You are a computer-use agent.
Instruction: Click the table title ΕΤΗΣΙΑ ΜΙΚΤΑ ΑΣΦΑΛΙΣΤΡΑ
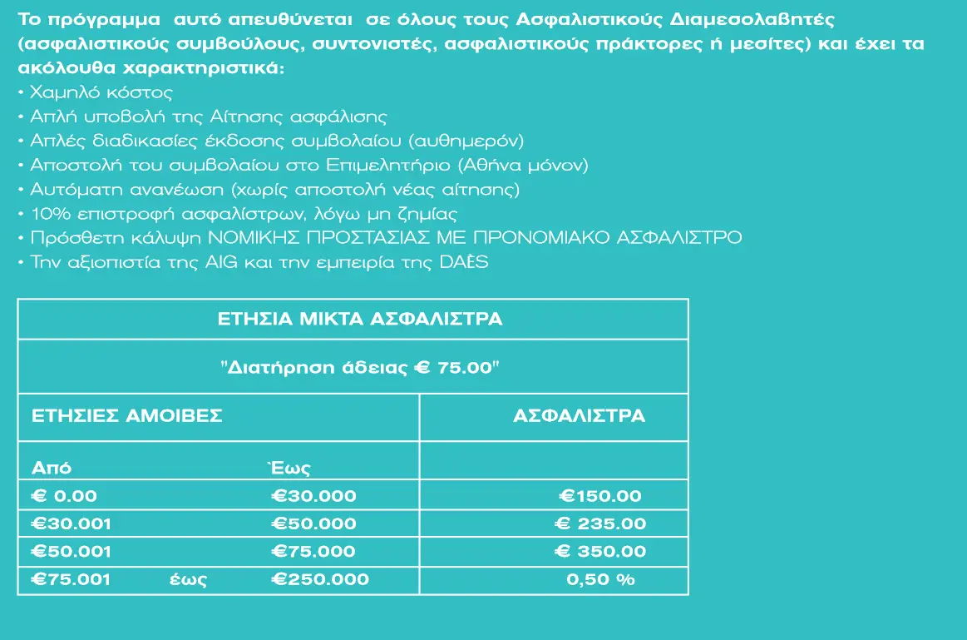tap(359, 319)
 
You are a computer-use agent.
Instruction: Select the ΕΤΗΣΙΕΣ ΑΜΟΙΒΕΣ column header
tap(127, 416)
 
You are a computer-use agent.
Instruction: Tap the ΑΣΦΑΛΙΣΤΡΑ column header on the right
tap(579, 416)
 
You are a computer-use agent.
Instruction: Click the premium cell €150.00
tap(600, 496)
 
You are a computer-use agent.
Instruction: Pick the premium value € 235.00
tap(600, 523)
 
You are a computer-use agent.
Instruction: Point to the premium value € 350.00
tap(600, 551)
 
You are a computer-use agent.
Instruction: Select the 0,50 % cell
tap(600, 579)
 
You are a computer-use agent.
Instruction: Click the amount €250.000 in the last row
tap(320, 579)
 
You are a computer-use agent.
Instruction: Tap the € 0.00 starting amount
tap(64, 496)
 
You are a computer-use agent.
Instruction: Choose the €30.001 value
tap(71, 523)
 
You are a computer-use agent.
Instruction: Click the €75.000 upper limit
tap(314, 551)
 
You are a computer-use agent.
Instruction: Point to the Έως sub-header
tap(287, 468)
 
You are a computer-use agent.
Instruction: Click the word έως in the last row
tap(188, 580)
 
